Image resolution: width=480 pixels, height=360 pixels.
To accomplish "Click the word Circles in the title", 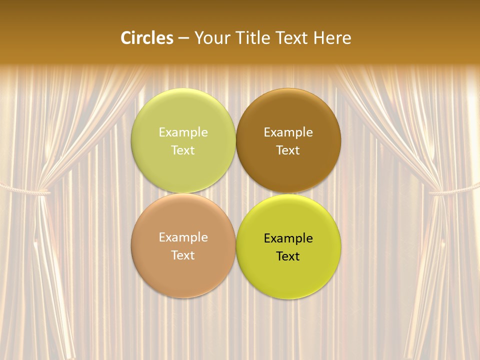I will click(x=146, y=38).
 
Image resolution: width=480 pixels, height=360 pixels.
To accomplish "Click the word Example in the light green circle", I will click(x=183, y=132).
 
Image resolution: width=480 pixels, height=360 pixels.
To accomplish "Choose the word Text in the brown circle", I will click(x=288, y=150).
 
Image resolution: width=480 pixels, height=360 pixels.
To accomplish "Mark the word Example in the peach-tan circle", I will click(x=183, y=237).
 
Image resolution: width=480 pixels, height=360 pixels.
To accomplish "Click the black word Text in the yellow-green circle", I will click(x=288, y=256).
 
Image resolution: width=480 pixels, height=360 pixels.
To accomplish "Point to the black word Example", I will click(x=288, y=238).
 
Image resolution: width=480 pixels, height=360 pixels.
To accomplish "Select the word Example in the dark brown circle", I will click(x=288, y=132).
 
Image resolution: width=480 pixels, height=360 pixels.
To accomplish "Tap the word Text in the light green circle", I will click(x=183, y=150).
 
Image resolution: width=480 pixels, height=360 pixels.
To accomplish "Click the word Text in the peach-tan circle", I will click(x=183, y=255).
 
